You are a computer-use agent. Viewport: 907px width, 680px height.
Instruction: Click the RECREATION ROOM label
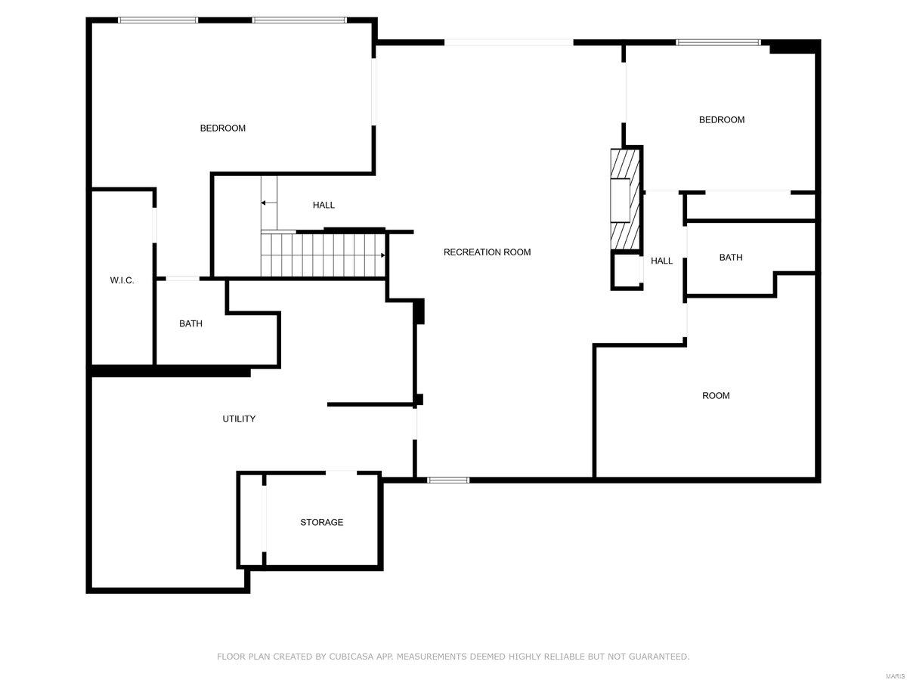click(x=487, y=252)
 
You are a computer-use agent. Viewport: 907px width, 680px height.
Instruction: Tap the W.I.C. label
click(x=122, y=280)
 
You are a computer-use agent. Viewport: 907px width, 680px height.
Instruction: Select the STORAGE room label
click(x=321, y=522)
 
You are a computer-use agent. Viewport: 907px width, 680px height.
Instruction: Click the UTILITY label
click(x=239, y=419)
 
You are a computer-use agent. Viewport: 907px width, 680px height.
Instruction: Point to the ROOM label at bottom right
click(x=716, y=396)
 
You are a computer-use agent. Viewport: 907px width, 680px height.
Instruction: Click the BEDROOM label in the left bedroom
click(x=222, y=128)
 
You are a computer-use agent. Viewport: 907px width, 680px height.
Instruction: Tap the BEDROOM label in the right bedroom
click(x=721, y=120)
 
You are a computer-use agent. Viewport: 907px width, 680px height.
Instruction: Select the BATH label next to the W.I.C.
click(x=190, y=323)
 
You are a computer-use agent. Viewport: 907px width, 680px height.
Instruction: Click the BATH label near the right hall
click(x=730, y=258)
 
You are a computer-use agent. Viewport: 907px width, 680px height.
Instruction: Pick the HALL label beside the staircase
click(x=323, y=205)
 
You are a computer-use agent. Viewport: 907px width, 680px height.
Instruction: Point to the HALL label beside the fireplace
click(x=661, y=261)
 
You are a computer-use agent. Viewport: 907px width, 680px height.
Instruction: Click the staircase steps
click(x=321, y=255)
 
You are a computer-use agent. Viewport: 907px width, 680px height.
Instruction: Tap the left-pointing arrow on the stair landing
click(x=268, y=202)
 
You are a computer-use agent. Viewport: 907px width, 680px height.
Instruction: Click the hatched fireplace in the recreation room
click(x=625, y=198)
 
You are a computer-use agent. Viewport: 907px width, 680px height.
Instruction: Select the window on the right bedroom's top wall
click(x=718, y=42)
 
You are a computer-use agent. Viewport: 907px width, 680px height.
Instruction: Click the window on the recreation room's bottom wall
click(x=448, y=480)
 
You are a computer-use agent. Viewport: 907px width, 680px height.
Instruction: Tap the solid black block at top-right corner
click(x=793, y=48)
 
